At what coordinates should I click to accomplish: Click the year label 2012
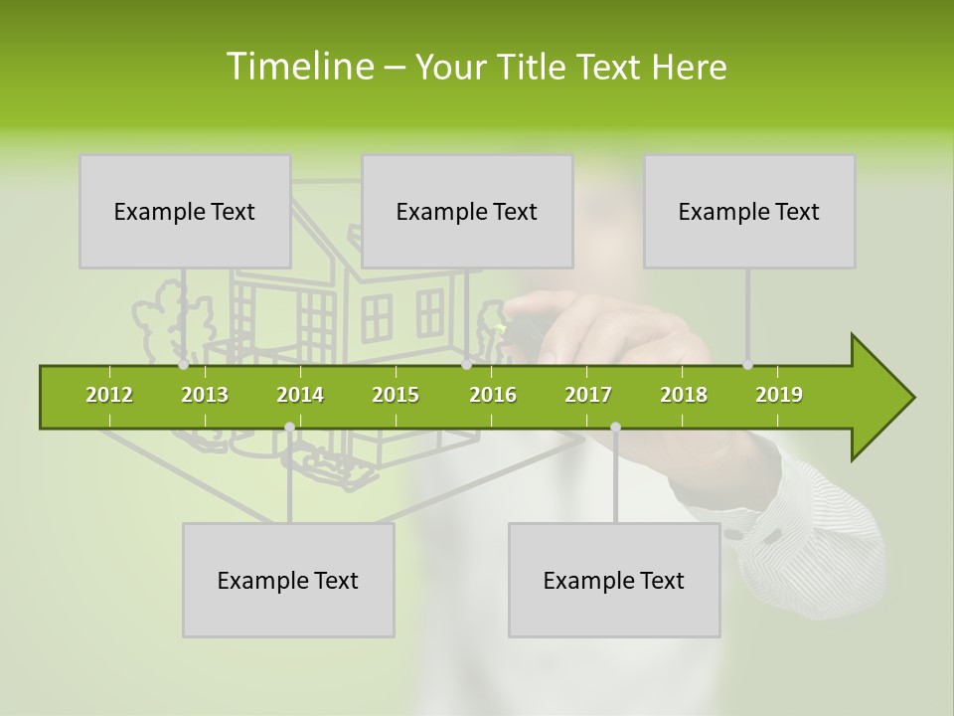109,395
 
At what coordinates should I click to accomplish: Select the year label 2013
205,395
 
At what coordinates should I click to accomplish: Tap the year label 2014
300,395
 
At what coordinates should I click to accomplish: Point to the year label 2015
396,395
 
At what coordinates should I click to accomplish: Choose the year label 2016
493,395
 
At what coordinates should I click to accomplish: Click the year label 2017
588,395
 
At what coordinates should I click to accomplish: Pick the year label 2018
684,395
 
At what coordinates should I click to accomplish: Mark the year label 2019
779,395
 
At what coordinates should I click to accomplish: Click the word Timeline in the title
298,67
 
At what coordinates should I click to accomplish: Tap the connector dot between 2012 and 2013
184,365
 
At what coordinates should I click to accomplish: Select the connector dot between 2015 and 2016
466,365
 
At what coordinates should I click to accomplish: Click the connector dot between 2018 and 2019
748,365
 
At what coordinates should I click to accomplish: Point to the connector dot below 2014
289,428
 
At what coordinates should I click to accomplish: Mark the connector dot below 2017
615,428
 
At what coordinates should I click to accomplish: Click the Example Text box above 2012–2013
185,211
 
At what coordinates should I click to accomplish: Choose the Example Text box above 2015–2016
467,211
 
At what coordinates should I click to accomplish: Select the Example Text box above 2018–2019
749,211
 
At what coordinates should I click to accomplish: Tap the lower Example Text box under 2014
288,580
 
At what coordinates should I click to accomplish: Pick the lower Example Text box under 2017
614,580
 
